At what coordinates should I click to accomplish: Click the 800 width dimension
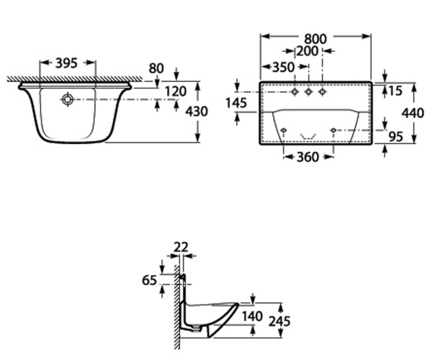pyautogui.click(x=315, y=39)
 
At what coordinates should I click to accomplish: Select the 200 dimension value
pyautogui.click(x=307, y=51)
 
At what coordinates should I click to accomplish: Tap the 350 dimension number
pyautogui.click(x=283, y=67)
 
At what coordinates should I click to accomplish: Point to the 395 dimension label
pyautogui.click(x=66, y=63)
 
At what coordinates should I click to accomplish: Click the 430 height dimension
pyautogui.click(x=197, y=112)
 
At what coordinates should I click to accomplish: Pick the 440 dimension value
pyautogui.click(x=413, y=113)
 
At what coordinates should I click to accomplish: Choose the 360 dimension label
pyautogui.click(x=307, y=157)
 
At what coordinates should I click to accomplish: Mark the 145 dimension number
pyautogui.click(x=236, y=103)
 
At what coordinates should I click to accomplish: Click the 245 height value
pyautogui.click(x=279, y=321)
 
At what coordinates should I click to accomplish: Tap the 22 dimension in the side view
pyautogui.click(x=181, y=247)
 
